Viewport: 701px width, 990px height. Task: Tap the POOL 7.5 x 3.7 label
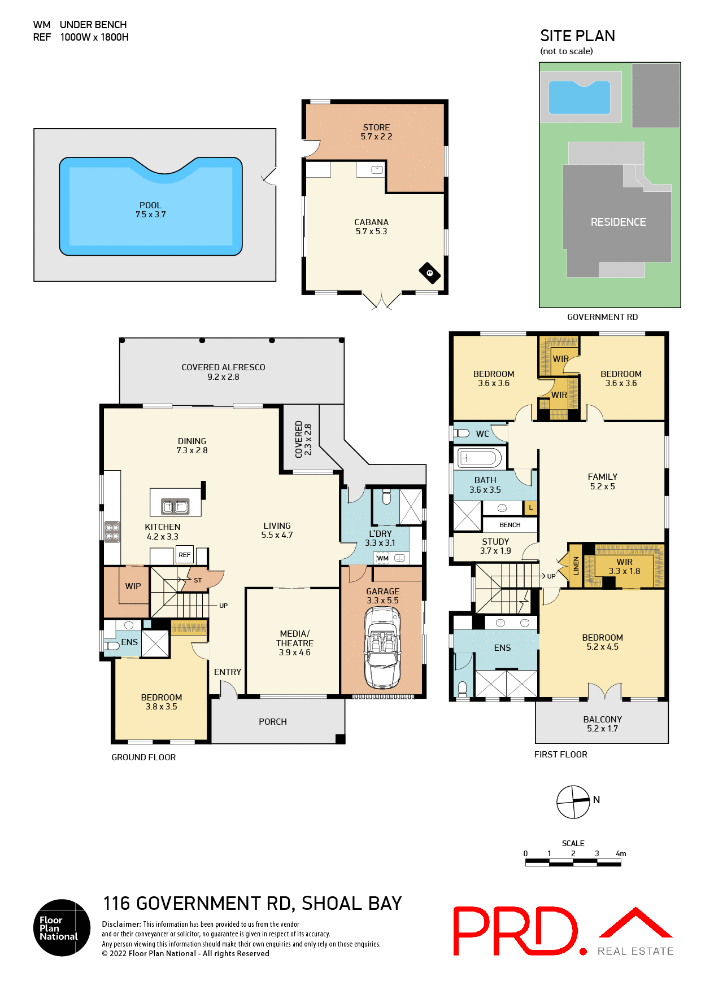pos(150,210)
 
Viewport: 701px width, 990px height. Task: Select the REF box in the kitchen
pos(185,555)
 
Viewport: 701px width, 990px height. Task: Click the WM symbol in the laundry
pos(383,558)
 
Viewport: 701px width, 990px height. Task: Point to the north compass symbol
pos(573,801)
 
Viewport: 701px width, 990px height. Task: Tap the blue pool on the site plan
pos(579,97)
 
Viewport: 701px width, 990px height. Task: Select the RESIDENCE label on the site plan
pos(618,222)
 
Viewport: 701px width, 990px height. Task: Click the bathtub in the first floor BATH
pos(480,458)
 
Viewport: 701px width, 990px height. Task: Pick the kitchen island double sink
pos(175,506)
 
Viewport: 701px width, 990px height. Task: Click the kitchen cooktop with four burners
pos(112,531)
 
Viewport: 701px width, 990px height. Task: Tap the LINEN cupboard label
pos(576,566)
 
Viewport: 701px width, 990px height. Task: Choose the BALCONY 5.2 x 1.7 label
pos(602,724)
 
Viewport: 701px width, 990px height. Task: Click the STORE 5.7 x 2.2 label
pos(376,132)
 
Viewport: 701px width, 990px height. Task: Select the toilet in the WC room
pos(461,433)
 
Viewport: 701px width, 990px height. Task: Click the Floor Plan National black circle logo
pos(62,927)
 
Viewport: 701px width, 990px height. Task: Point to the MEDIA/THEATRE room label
pos(294,643)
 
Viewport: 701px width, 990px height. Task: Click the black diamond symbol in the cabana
pos(429,273)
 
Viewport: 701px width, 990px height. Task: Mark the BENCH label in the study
pos(510,525)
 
